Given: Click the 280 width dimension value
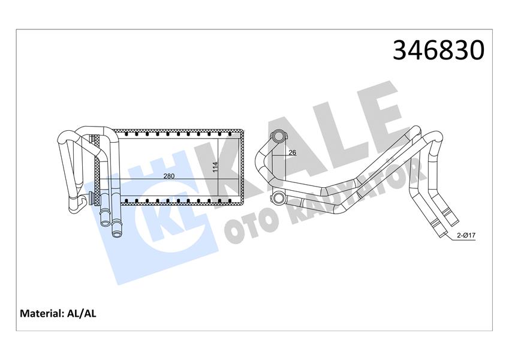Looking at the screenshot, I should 168,176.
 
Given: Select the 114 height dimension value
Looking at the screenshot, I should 215,167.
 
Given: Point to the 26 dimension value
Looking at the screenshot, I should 292,152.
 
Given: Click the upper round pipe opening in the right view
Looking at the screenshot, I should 278,137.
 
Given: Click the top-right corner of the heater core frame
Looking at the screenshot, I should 243,131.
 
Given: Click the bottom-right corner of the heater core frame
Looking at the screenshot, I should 243,203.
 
